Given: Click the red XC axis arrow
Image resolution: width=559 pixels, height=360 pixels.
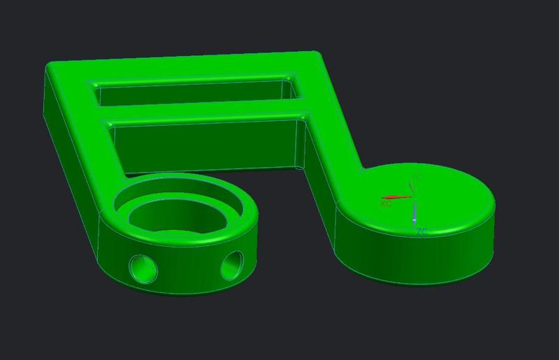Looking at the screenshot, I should pos(395,198).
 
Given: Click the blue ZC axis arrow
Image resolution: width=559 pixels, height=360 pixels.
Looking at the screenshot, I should pos(414,213).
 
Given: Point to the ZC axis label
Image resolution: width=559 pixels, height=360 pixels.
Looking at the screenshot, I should pos(421,231).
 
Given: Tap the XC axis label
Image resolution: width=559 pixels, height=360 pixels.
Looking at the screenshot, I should pos(386,204).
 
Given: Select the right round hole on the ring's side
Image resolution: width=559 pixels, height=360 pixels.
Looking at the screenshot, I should pos(232,265).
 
